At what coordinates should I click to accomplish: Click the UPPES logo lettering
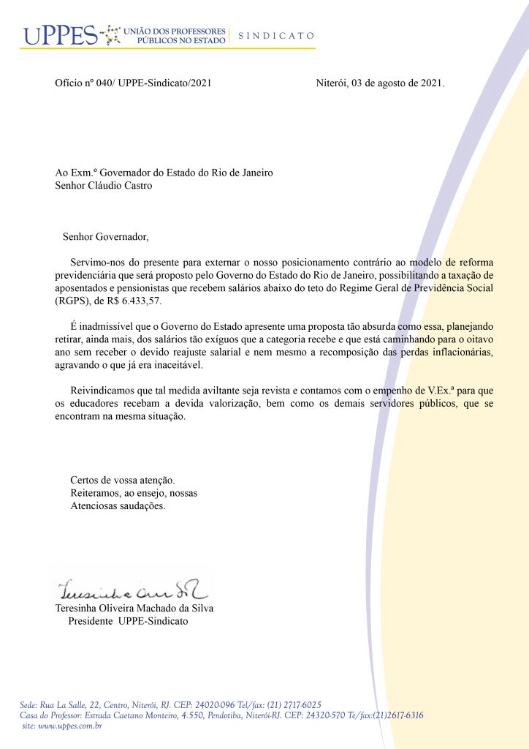60,35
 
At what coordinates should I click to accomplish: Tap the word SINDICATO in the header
276,35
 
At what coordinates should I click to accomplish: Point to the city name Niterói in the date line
331,83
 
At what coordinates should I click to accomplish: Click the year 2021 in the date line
431,83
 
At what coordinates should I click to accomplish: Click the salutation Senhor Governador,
105,237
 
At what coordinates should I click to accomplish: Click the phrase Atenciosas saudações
118,506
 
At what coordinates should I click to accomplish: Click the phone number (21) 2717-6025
296,704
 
